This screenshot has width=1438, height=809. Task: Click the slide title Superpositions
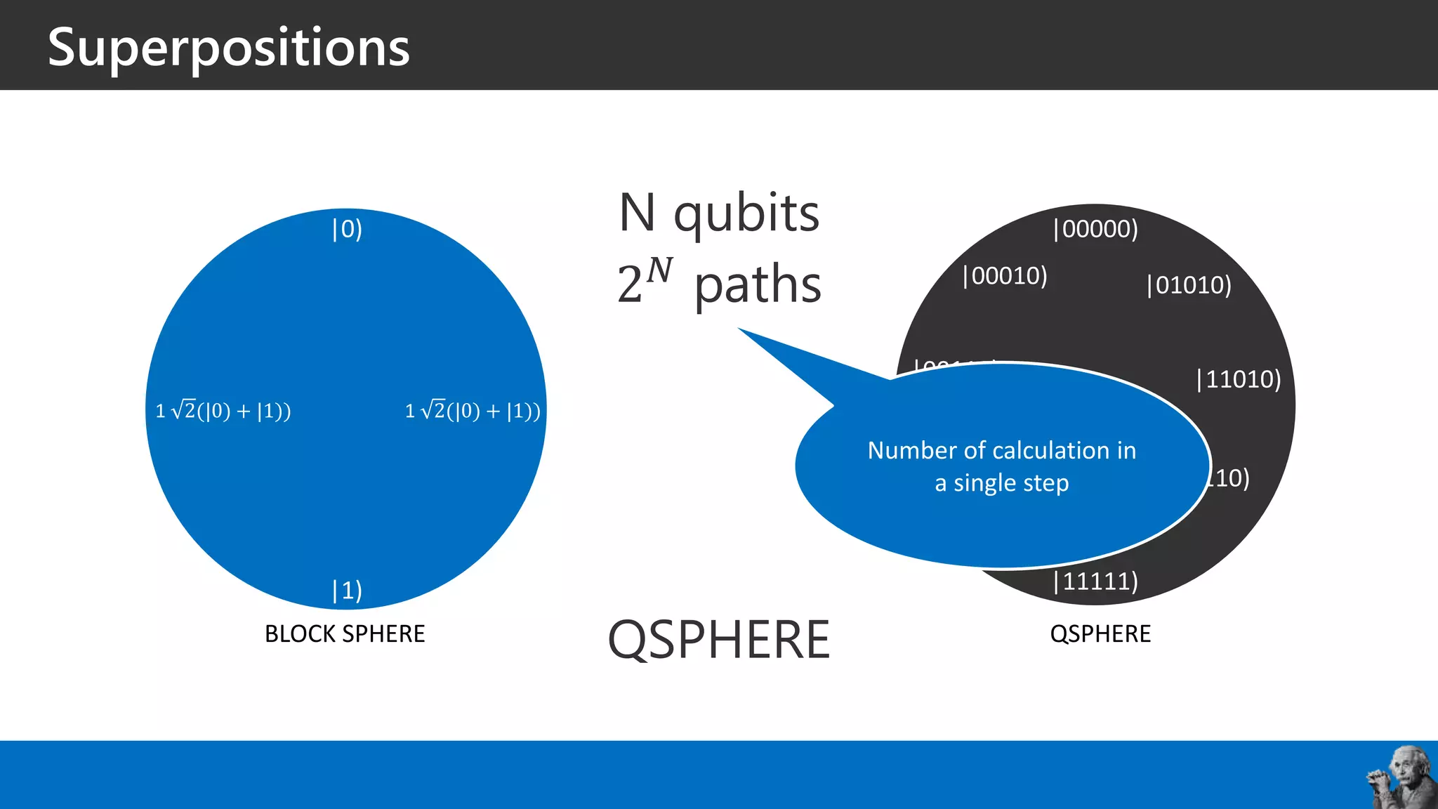point(228,48)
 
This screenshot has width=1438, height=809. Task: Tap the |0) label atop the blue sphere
point(347,229)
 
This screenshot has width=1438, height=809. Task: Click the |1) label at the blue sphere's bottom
point(347,590)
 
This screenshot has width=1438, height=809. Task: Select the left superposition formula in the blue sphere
point(223,410)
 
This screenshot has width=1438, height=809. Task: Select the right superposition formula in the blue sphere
point(473,410)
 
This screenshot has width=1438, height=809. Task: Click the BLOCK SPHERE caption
point(344,634)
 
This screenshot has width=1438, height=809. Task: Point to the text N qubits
point(718,213)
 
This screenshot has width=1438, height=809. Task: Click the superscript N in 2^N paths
point(659,270)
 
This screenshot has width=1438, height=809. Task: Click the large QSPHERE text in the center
point(718,640)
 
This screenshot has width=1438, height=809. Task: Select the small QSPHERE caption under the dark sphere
point(1100,634)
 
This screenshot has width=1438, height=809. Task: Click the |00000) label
point(1095,229)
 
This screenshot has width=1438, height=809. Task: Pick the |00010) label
point(1004,276)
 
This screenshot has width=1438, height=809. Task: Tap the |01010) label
point(1189,285)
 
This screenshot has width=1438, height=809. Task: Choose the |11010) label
point(1239,379)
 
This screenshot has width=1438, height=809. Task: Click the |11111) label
point(1095,581)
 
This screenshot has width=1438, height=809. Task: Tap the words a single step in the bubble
point(1001,483)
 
